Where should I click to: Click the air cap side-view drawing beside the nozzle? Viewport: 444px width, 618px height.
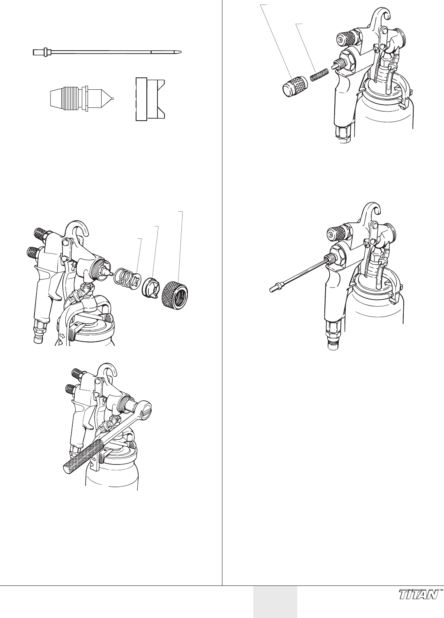click(x=150, y=99)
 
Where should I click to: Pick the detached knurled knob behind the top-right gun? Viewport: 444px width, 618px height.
click(x=294, y=86)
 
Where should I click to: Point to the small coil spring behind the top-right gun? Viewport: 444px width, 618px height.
click(x=319, y=75)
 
